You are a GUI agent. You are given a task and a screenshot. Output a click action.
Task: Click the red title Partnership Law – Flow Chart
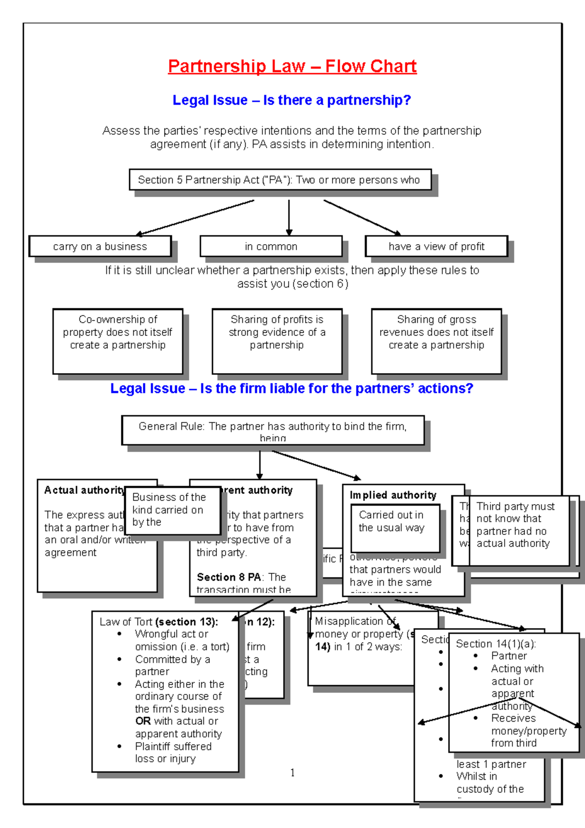pyautogui.click(x=292, y=66)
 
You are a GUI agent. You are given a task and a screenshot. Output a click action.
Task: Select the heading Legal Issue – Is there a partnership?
pyautogui.click(x=292, y=100)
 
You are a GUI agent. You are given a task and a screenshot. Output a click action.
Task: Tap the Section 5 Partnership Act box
pyautogui.click(x=280, y=180)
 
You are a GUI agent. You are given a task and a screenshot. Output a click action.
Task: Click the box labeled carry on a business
pyautogui.click(x=100, y=247)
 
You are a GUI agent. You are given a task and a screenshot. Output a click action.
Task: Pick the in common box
pyautogui.click(x=271, y=247)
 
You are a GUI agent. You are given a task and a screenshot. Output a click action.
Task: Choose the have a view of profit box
pyautogui.click(x=436, y=247)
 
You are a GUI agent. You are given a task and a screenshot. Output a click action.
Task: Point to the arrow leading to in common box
pyautogui.click(x=289, y=218)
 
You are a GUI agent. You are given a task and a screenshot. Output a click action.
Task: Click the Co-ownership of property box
pyautogui.click(x=117, y=341)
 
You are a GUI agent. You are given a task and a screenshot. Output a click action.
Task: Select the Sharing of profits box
pyautogui.click(x=277, y=341)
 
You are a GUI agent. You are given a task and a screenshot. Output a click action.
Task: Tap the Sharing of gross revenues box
pyautogui.click(x=436, y=341)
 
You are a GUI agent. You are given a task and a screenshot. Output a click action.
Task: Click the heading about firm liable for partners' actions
pyautogui.click(x=292, y=389)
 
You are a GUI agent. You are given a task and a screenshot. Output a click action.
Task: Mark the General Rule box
pyautogui.click(x=273, y=430)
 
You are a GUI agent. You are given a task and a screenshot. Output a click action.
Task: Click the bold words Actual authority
pyautogui.click(x=84, y=490)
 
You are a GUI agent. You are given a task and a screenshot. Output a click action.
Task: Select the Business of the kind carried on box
pyautogui.click(x=173, y=510)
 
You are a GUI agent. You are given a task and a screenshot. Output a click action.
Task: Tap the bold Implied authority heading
pyautogui.click(x=393, y=495)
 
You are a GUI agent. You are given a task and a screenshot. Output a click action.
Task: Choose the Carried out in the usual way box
pyautogui.click(x=395, y=528)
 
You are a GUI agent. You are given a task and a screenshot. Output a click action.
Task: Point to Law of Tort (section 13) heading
pyautogui.click(x=158, y=622)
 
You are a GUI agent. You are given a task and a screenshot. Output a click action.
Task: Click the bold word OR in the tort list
pyautogui.click(x=143, y=721)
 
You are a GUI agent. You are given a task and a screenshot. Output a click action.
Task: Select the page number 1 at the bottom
pyautogui.click(x=292, y=773)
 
